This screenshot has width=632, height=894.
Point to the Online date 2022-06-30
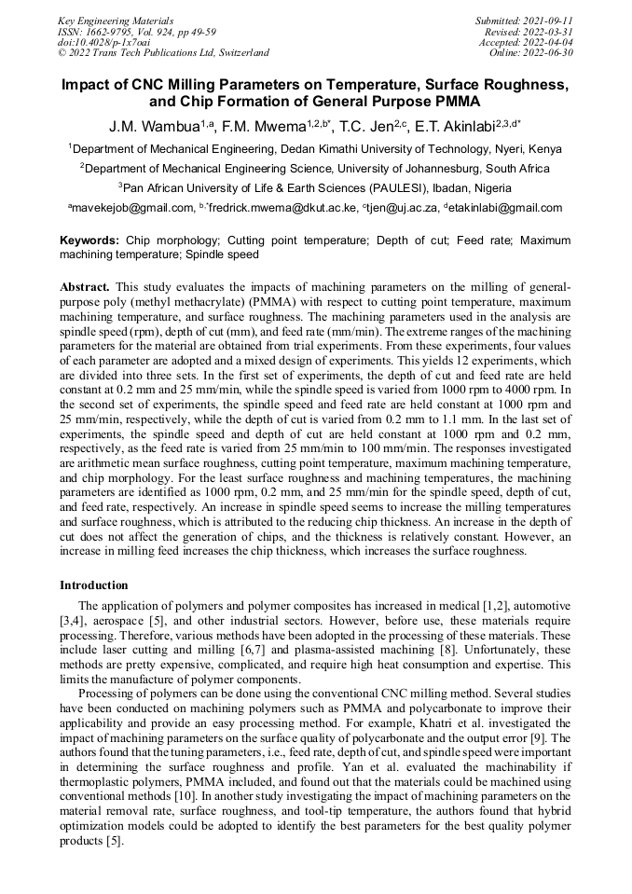(x=552, y=53)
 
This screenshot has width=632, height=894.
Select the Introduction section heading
(x=94, y=585)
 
